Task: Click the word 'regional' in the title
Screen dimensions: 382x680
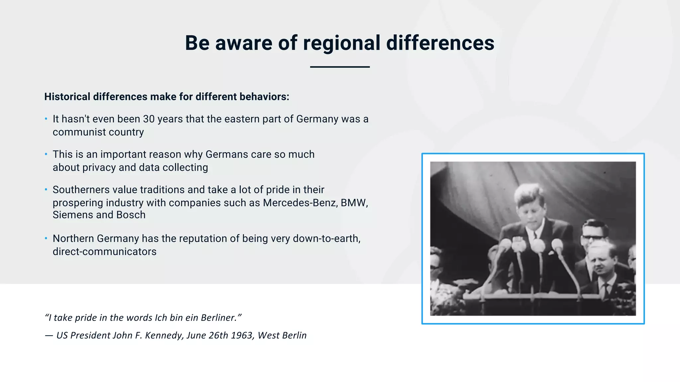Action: pyautogui.click(x=341, y=43)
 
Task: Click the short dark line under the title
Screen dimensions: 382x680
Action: pyautogui.click(x=340, y=67)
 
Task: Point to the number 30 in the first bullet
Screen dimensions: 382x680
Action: pyautogui.click(x=149, y=119)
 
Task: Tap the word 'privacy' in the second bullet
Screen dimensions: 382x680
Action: pyautogui.click(x=99, y=168)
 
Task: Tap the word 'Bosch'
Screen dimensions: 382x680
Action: pyautogui.click(x=131, y=215)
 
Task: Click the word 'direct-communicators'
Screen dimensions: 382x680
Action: pyautogui.click(x=104, y=252)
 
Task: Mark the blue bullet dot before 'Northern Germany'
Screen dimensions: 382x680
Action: pyautogui.click(x=46, y=238)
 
